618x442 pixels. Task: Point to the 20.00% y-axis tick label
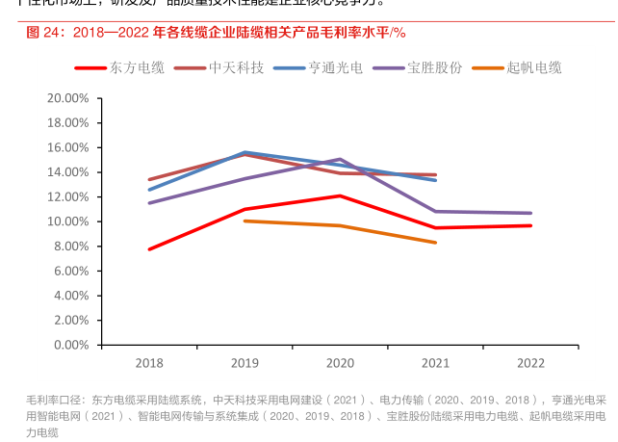click(x=67, y=98)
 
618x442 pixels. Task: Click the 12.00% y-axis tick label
click(x=67, y=196)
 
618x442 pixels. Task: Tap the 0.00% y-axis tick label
click(x=70, y=344)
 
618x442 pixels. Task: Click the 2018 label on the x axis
click(x=149, y=363)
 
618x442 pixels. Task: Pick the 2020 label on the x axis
click(x=340, y=363)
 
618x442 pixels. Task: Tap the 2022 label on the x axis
click(x=530, y=363)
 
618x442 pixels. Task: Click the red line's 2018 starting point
click(x=149, y=249)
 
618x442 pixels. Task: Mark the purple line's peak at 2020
click(x=340, y=159)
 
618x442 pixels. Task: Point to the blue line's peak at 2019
click(x=245, y=152)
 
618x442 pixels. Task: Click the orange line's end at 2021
click(x=435, y=243)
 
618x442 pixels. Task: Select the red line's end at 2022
click(x=530, y=225)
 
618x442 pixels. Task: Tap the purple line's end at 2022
click(x=530, y=213)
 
